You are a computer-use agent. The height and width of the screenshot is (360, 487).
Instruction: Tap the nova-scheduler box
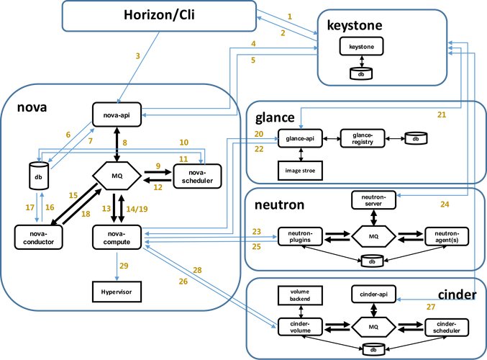click(196, 176)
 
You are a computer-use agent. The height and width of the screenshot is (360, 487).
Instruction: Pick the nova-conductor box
click(39, 237)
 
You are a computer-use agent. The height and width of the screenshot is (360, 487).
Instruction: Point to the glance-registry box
click(363, 138)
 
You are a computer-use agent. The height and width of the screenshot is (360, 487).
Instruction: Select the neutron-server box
click(373, 199)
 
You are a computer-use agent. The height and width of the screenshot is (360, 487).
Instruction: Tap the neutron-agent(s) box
click(447, 236)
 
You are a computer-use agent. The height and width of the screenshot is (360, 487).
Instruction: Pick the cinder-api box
click(373, 294)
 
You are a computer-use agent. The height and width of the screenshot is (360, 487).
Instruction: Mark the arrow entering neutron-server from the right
click(432, 194)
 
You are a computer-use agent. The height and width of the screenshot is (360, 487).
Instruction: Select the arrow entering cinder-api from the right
click(432, 298)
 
